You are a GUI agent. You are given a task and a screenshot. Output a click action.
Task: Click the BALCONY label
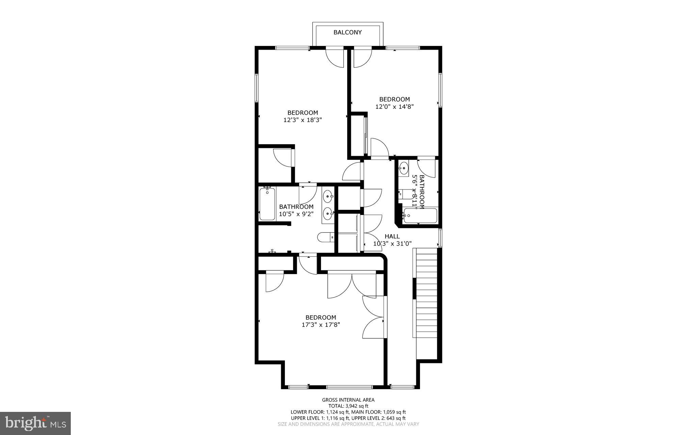pyautogui.click(x=347, y=33)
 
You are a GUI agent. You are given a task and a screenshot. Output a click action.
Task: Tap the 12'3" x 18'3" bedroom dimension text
pyautogui.click(x=303, y=120)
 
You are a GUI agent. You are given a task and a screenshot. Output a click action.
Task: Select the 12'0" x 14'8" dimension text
pyautogui.click(x=394, y=106)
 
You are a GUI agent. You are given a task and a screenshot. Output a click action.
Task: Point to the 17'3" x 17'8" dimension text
pyautogui.click(x=321, y=325)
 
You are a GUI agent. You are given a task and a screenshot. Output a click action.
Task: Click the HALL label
pyautogui.click(x=392, y=236)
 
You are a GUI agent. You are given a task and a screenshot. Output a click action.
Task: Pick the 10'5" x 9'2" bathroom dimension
pyautogui.click(x=296, y=214)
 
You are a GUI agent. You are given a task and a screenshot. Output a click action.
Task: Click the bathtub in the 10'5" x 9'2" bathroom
pyautogui.click(x=267, y=204)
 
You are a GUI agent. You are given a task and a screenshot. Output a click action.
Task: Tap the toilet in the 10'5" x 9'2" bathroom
pyautogui.click(x=325, y=237)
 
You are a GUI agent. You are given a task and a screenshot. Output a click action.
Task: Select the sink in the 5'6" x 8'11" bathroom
pyautogui.click(x=404, y=167)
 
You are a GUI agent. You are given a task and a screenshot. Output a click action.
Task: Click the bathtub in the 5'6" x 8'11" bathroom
pyautogui.click(x=420, y=216)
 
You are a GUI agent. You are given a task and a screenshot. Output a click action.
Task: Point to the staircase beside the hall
pyautogui.click(x=425, y=292)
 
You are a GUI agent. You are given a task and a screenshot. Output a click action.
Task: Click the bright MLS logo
pyautogui.click(x=35, y=423)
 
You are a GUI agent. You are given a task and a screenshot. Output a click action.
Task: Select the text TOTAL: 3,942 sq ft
pyautogui.click(x=348, y=406)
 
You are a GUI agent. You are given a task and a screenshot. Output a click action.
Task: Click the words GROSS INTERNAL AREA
pyautogui.click(x=348, y=400)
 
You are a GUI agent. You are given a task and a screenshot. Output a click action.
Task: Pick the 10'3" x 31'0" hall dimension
pyautogui.click(x=392, y=244)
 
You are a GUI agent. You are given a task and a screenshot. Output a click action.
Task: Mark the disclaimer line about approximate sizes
pyautogui.click(x=348, y=424)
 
